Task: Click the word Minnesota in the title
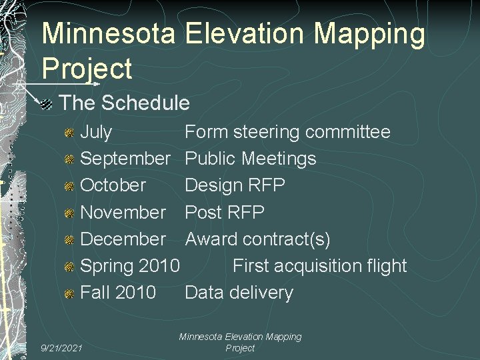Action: [x=110, y=35]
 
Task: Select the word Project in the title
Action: [x=87, y=68]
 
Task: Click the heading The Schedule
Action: [x=125, y=103]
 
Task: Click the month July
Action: [x=96, y=132]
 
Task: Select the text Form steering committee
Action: [x=287, y=132]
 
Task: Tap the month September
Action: [x=125, y=159]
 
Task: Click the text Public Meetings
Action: [x=251, y=159]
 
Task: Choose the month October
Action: [x=113, y=185]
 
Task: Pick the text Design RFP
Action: [x=235, y=185]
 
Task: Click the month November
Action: [x=123, y=212]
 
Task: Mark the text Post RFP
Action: [x=225, y=212]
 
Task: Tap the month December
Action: [x=123, y=239]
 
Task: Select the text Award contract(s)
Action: [x=257, y=239]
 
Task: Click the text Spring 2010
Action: [x=130, y=265]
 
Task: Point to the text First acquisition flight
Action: [x=319, y=265]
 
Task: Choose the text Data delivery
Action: [x=239, y=292]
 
